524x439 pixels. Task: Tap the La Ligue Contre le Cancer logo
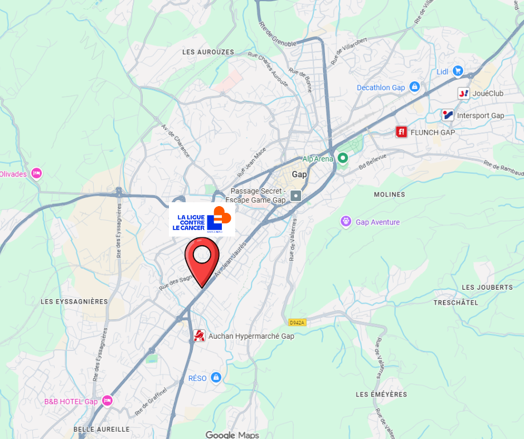202,219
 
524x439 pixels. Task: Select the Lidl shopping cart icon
458,71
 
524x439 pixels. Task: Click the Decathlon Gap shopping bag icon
414,87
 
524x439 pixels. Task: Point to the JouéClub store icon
463,93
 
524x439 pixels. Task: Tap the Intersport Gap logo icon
448,115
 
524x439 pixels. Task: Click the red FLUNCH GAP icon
401,132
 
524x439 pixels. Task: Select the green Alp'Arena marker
343,158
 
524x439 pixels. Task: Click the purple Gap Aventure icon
346,222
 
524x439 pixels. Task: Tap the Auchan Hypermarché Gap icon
199,335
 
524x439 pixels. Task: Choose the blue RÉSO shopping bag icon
216,378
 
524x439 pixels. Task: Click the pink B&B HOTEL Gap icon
107,401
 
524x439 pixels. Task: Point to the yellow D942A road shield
298,323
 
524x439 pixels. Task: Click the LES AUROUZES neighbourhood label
208,52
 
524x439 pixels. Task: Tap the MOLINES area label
390,194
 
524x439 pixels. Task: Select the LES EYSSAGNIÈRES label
74,301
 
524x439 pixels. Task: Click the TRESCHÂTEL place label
456,303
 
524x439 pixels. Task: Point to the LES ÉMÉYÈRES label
381,394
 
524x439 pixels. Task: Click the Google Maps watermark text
232,435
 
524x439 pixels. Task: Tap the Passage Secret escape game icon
295,196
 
